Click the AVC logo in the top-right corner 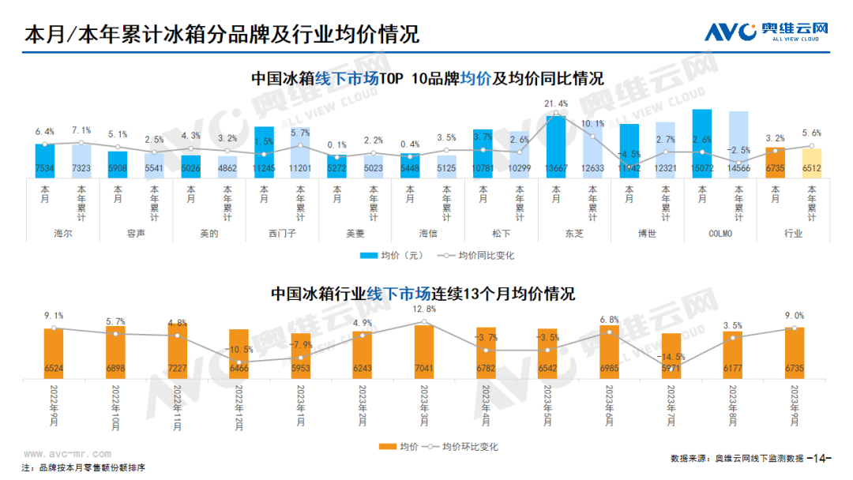(x=766, y=31)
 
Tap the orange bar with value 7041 (x=424, y=351)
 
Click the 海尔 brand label (x=63, y=234)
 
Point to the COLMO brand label (x=720, y=234)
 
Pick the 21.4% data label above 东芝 (x=556, y=103)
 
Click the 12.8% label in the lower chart (x=424, y=309)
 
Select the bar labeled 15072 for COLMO (x=702, y=143)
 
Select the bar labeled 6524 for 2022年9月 (x=54, y=353)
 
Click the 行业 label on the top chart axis (x=793, y=234)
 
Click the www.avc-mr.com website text (x=67, y=454)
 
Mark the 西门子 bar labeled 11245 (x=264, y=151)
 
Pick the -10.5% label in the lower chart (x=238, y=349)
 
